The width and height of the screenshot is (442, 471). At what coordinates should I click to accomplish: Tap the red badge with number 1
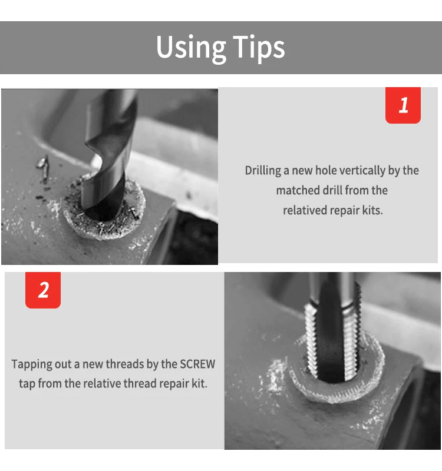click(x=403, y=105)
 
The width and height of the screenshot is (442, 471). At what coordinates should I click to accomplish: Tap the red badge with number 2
click(x=43, y=290)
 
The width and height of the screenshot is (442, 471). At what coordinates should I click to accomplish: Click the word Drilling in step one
click(x=262, y=171)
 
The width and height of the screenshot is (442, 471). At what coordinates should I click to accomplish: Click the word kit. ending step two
click(x=199, y=384)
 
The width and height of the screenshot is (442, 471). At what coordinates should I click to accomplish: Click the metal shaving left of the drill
click(x=42, y=163)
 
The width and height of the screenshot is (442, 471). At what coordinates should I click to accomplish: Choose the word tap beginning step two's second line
click(x=27, y=384)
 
